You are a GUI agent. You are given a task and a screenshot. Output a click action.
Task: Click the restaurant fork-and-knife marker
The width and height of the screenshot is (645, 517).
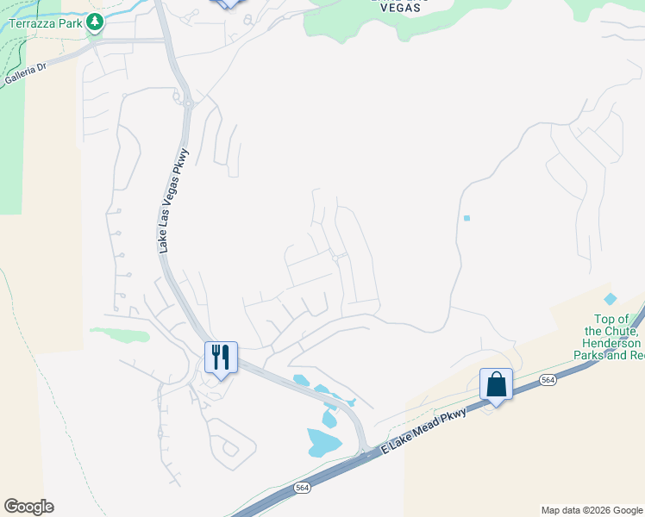coord(220,356)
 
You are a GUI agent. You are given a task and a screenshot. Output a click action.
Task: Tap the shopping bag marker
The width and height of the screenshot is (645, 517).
coord(496,384)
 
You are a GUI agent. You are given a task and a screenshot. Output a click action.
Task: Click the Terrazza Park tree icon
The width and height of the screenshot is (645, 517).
coord(94,22)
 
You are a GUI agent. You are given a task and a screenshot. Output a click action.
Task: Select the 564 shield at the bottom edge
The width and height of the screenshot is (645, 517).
coord(302,488)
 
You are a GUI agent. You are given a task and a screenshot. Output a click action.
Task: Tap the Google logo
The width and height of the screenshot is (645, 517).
coord(28,507)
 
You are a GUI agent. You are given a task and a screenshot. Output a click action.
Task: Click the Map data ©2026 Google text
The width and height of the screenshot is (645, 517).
coord(591,510)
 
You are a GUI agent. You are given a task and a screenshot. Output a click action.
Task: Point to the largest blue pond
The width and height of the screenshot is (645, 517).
coord(323,443)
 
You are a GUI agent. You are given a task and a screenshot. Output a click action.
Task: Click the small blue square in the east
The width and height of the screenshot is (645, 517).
coord(467,218)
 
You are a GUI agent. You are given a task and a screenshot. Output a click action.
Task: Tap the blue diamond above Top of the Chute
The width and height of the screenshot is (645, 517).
coord(611,299)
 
